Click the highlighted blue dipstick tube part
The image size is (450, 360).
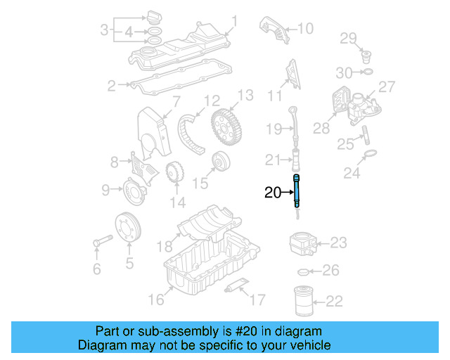pyautogui.click(x=297, y=191)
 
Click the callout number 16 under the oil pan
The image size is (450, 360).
pyautogui.click(x=155, y=300)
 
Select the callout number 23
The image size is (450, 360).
pyautogui.click(x=338, y=243)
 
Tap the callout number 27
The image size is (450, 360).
pyautogui.click(x=387, y=86)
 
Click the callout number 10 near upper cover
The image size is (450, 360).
pyautogui.click(x=304, y=29)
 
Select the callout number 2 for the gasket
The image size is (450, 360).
pyautogui.click(x=111, y=86)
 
